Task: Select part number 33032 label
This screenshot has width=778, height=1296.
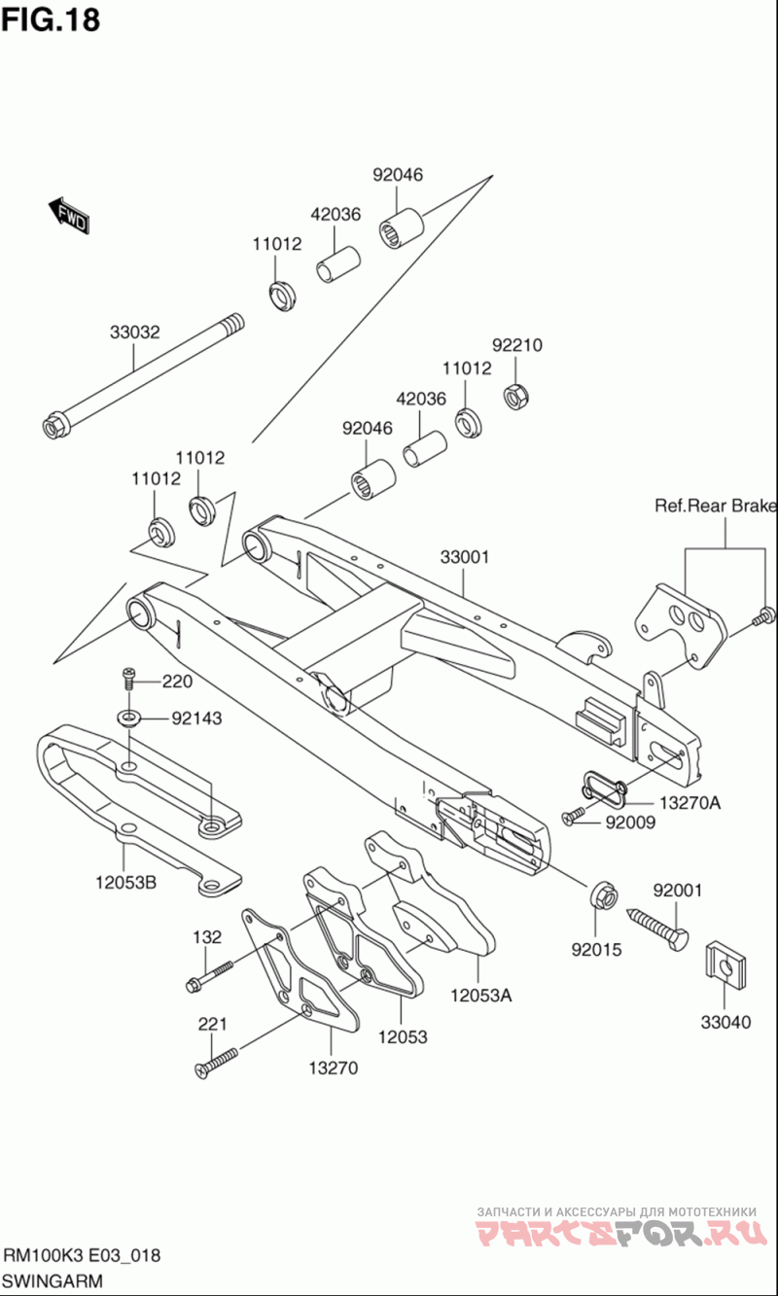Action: point(134,332)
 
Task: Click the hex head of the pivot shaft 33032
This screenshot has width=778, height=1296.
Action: point(53,426)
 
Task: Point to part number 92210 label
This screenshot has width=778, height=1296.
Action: point(516,345)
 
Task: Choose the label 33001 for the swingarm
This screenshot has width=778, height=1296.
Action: point(464,557)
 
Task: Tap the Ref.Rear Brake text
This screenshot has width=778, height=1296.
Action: point(715,506)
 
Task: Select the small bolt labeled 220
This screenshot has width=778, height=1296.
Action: point(128,677)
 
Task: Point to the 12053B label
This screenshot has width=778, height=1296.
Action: point(125,883)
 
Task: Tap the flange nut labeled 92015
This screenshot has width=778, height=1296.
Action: point(601,894)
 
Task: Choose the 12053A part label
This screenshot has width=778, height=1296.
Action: point(480,995)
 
